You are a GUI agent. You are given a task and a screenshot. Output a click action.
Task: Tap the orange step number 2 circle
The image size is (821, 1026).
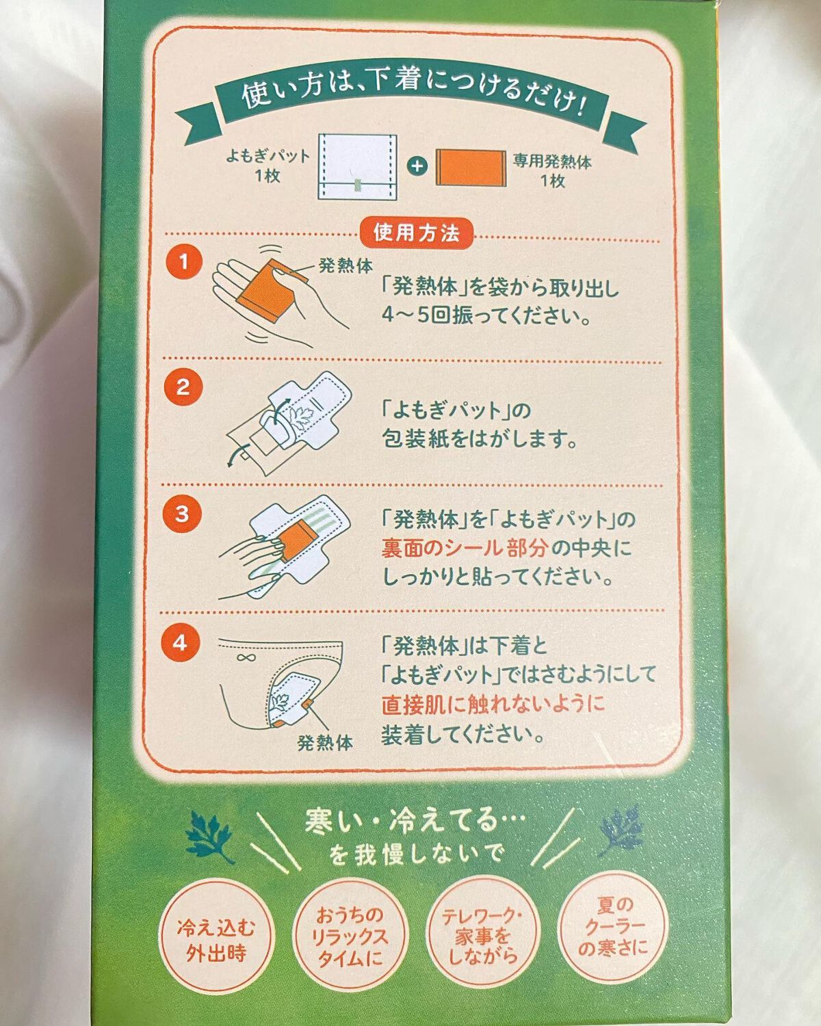183,388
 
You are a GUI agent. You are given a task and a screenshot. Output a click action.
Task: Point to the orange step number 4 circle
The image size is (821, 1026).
181,643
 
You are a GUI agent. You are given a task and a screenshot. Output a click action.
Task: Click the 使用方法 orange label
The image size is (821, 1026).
416,233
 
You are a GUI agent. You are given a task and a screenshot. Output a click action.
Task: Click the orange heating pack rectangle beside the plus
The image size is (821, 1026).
469,167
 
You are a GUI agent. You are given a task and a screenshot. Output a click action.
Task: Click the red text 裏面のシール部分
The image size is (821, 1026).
465,547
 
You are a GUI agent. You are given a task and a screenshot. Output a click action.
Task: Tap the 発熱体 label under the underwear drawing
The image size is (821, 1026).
325,742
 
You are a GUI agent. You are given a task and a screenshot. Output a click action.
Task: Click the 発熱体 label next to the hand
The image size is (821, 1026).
346,266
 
